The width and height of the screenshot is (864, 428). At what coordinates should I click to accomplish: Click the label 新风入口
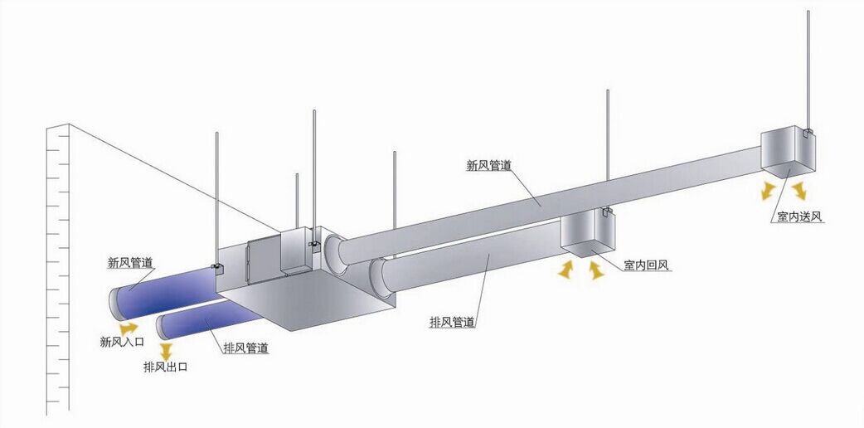coord(121,341)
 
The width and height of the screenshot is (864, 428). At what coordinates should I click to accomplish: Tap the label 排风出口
coord(166,367)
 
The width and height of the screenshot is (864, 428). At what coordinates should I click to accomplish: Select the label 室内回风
coord(647,266)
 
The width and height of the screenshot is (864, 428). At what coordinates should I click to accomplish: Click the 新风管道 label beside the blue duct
coord(130,263)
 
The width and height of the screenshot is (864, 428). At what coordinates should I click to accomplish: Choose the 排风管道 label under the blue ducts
coord(245,348)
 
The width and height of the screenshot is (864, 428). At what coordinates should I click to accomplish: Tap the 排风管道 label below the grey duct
coord(452,321)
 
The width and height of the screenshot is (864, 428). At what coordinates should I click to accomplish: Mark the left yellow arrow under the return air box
coord(566,270)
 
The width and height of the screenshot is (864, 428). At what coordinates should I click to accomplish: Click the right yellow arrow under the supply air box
coord(799,192)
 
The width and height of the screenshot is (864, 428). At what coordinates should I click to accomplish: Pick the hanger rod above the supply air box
coord(807,66)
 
